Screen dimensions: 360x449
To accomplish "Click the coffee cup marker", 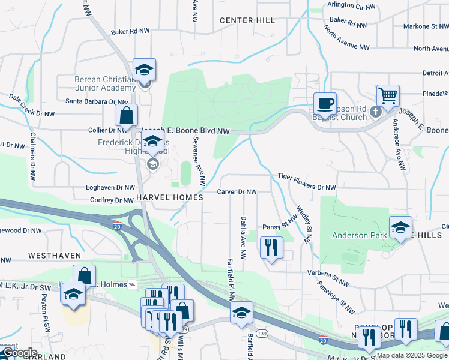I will tap(325, 104).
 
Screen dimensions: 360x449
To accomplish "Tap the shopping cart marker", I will tap(388, 95).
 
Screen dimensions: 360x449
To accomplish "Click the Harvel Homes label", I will tap(163, 197).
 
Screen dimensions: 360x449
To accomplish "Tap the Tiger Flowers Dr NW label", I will tap(306, 182).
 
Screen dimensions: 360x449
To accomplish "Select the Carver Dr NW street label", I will tap(237, 192).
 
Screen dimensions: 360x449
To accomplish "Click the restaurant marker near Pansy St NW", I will tap(271, 247).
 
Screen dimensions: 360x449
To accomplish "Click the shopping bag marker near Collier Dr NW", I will tap(126, 115).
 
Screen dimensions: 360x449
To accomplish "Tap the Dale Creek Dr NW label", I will tap(32, 104).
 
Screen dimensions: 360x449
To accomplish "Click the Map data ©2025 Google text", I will tap(411, 355).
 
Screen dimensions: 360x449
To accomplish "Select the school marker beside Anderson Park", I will tap(400, 227).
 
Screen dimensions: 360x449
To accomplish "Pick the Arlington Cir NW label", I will tap(352, 5).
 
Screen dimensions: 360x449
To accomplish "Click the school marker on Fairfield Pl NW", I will tap(241, 313).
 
